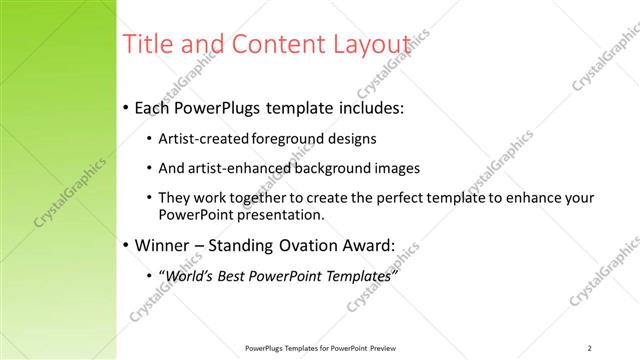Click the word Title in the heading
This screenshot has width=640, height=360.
pyautogui.click(x=144, y=45)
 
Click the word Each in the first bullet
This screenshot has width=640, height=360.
pyautogui.click(x=152, y=107)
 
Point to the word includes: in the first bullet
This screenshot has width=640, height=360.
pyautogui.click(x=372, y=107)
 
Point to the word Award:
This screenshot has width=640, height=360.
pyautogui.click(x=368, y=245)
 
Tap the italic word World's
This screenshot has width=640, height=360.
pyautogui.click(x=191, y=275)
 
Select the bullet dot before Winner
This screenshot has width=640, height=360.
pyautogui.click(x=125, y=246)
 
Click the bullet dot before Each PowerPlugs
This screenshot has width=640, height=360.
pyautogui.click(x=125, y=108)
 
